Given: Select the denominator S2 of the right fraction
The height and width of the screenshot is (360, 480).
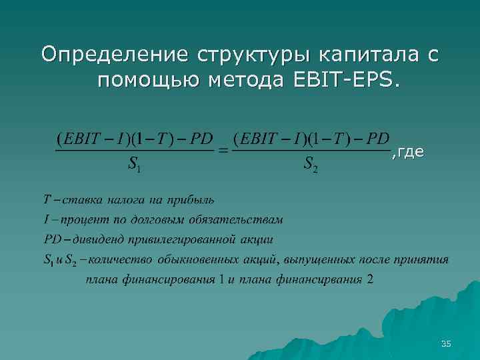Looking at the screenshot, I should tap(310, 164).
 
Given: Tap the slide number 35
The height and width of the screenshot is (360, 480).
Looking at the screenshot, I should tap(446, 343).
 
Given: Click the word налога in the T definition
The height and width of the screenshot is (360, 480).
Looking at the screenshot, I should tap(120, 199).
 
